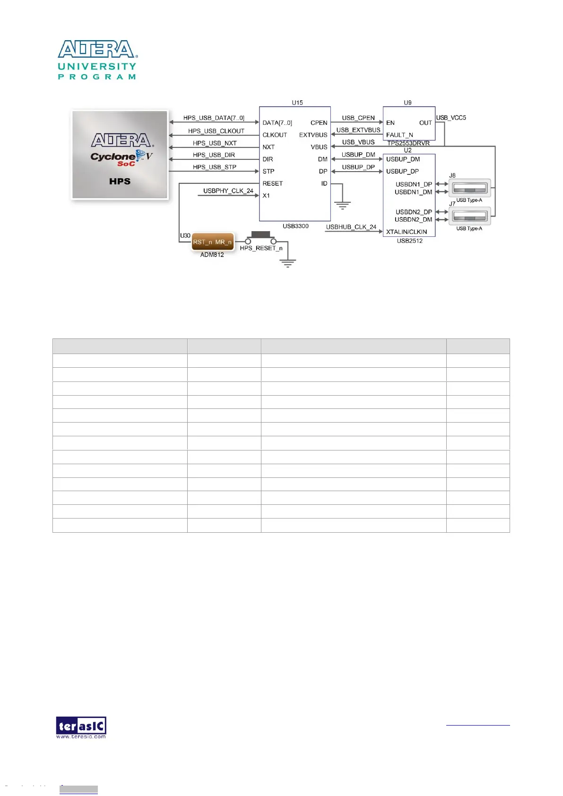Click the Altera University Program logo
[97, 60]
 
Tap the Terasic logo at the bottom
[81, 727]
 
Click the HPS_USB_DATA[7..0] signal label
[214, 118]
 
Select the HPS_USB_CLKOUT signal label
[216, 131]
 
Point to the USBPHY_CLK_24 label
[228, 191]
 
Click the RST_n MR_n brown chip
[212, 242]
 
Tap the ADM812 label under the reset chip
[212, 255]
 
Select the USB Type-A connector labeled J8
[469, 189]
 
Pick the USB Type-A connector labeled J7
[469, 216]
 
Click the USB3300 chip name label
[295, 226]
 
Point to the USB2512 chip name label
[409, 241]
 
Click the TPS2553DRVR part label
[408, 143]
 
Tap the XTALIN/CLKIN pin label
[407, 232]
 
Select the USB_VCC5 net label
[451, 118]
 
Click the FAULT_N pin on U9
[399, 135]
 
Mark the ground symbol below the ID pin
[342, 205]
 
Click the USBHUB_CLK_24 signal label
[351, 227]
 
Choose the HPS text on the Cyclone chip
[120, 182]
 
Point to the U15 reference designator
[297, 103]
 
